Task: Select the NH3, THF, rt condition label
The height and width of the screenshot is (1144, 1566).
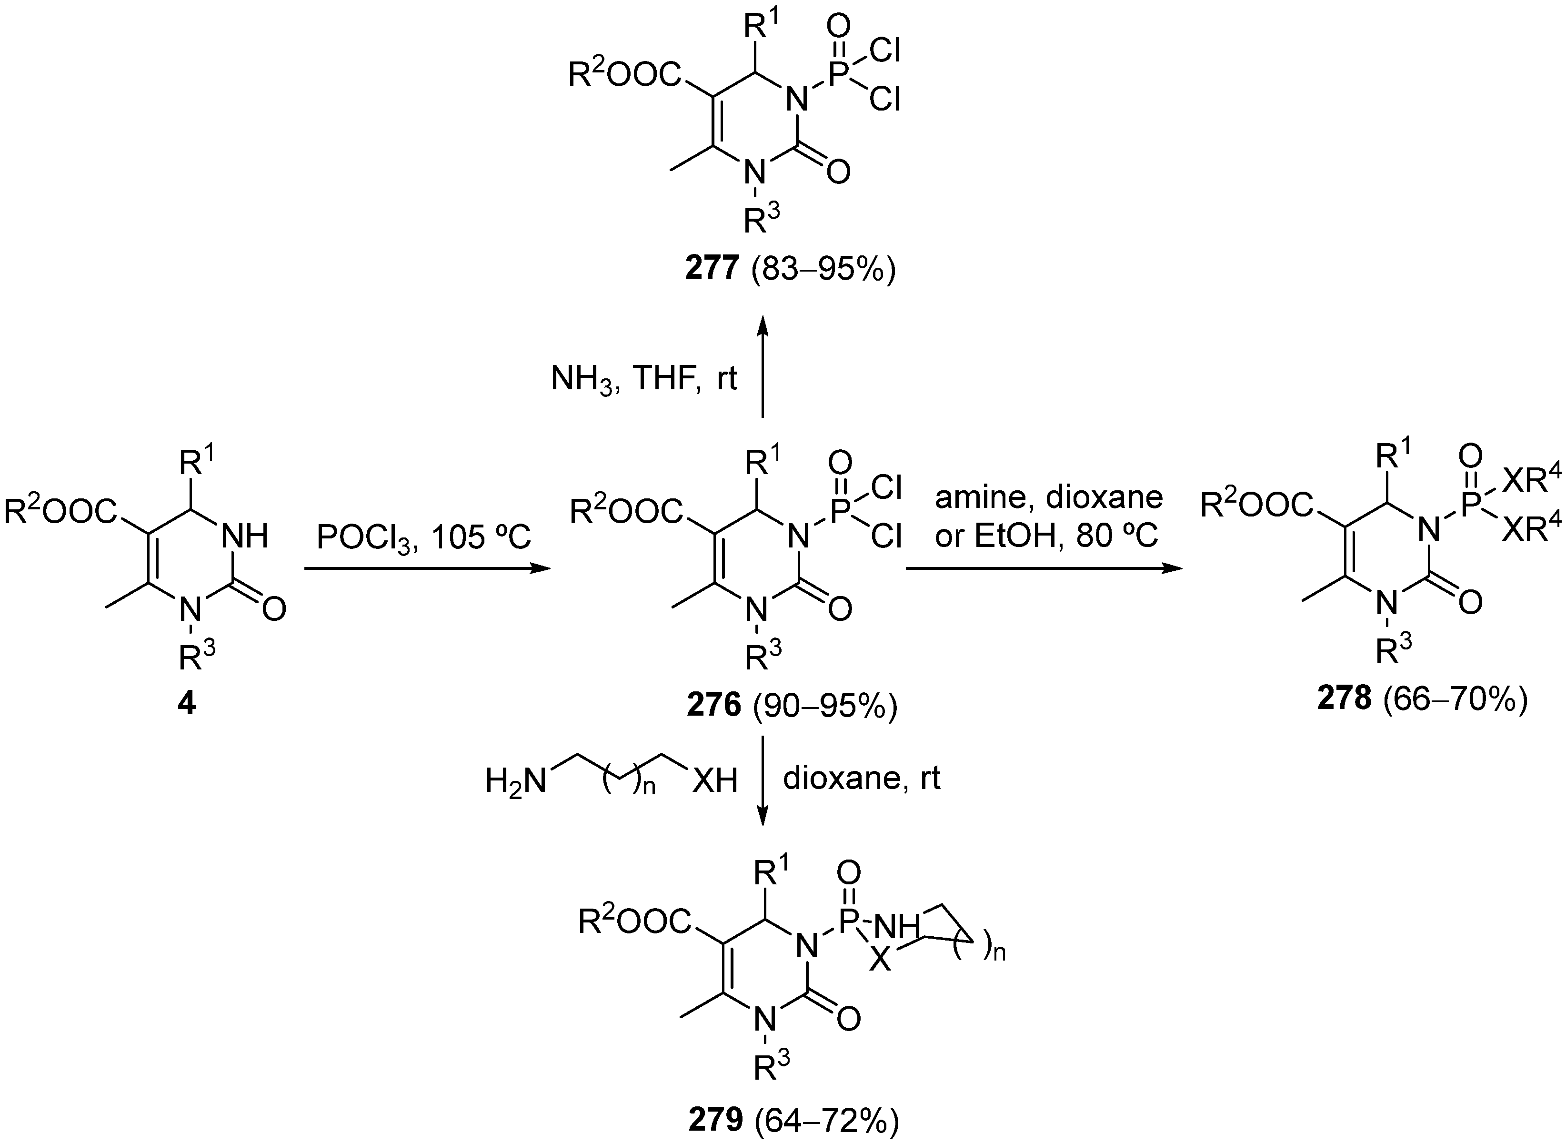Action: point(644,379)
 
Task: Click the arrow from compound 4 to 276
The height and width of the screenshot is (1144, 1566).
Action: point(426,569)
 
